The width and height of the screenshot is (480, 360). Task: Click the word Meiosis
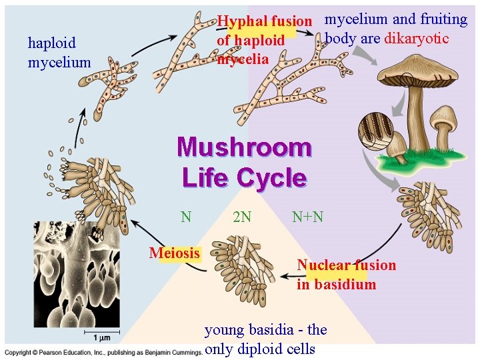[x=175, y=253]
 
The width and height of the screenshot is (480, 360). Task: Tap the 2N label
[x=242, y=217]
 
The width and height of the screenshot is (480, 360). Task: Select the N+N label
[x=307, y=217]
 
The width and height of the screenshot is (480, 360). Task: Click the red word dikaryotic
[x=417, y=38]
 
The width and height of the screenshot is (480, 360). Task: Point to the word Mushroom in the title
[x=244, y=147]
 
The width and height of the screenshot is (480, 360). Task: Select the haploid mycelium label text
[x=59, y=53]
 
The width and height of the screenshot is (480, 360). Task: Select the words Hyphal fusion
[x=265, y=21]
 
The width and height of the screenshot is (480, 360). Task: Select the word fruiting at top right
[x=443, y=19]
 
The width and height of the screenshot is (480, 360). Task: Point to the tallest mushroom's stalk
[x=417, y=120]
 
